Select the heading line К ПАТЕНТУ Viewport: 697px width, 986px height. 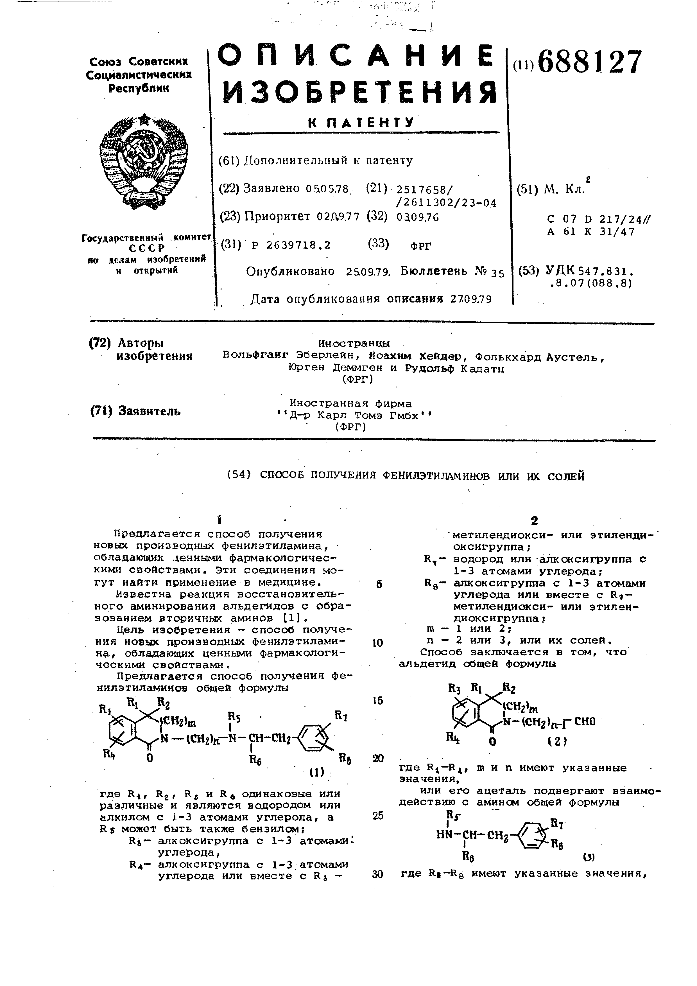[x=361, y=123]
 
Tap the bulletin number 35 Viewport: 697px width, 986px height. [x=497, y=273]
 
